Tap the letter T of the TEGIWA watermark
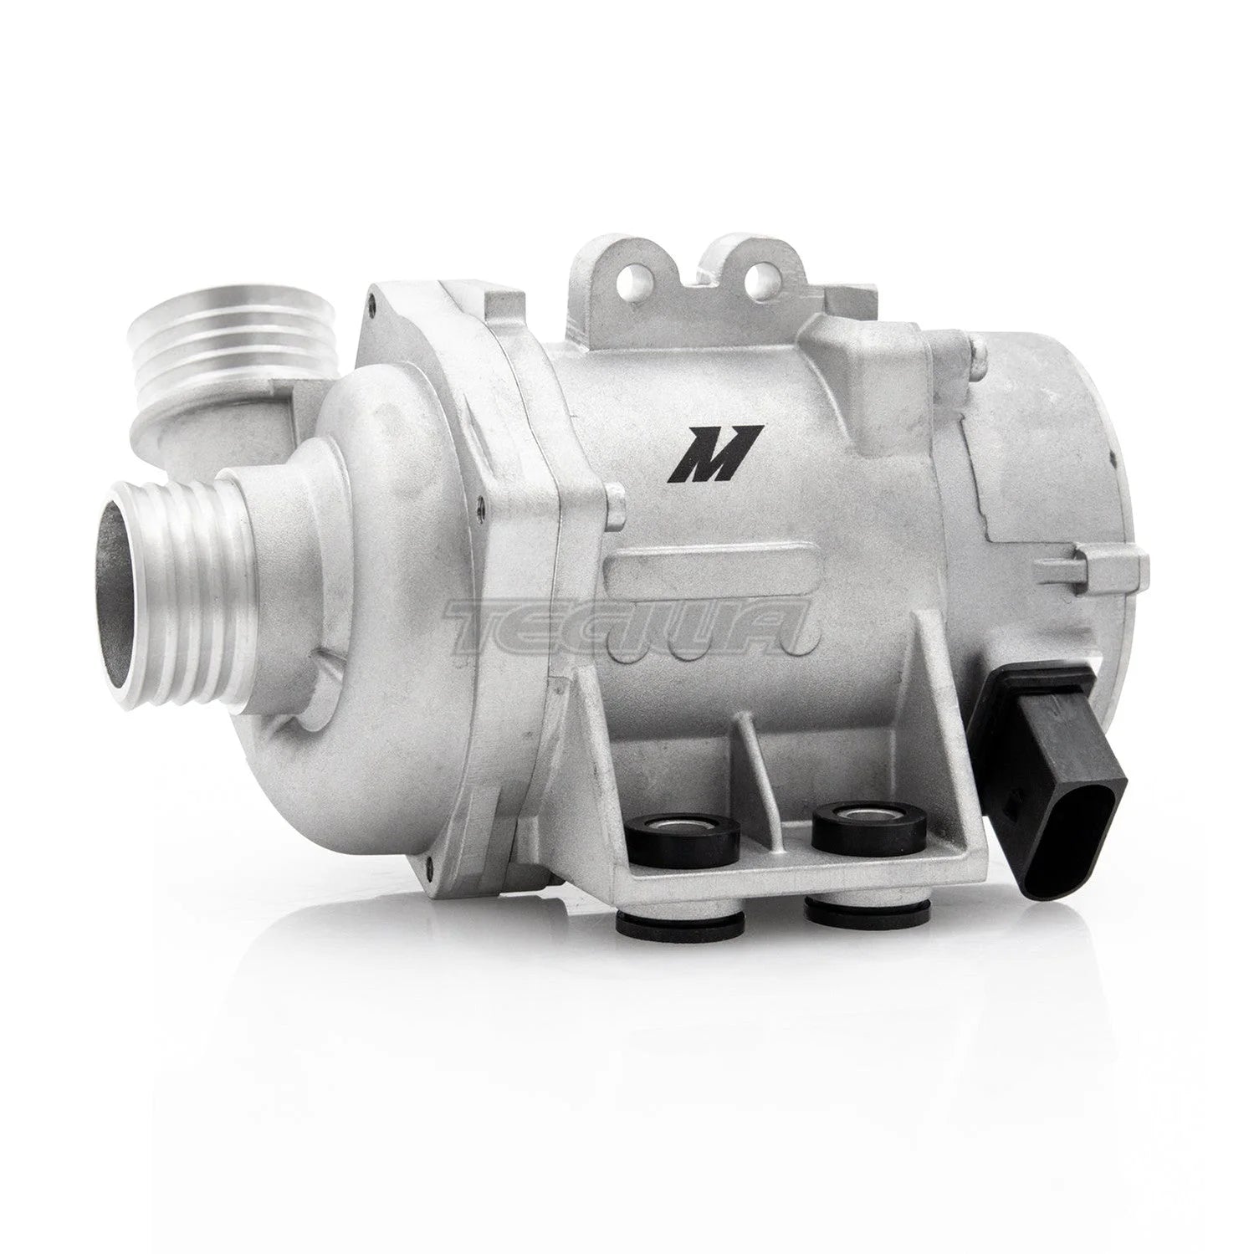(x=494, y=623)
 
